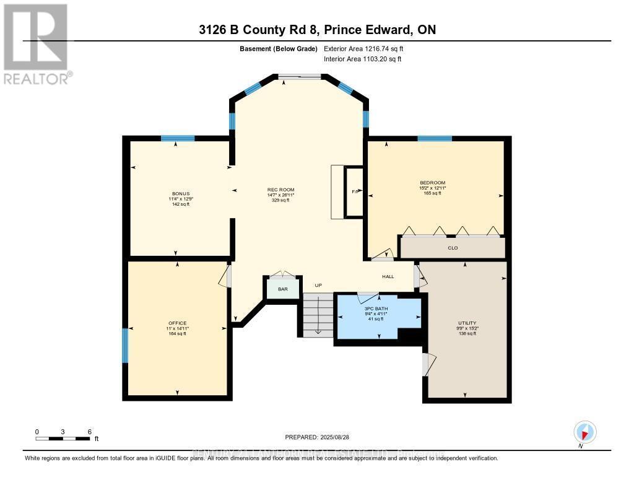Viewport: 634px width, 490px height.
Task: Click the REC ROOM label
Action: tap(280, 190)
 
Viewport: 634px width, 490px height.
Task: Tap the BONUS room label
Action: tap(180, 193)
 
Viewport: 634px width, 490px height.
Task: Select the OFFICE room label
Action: tap(177, 323)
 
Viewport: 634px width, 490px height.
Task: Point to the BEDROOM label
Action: tap(432, 183)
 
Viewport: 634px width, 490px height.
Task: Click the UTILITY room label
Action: tap(467, 323)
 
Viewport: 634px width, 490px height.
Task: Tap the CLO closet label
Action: tap(452, 248)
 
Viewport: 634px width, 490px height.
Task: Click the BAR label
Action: tap(283, 289)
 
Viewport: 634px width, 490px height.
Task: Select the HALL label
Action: tap(388, 277)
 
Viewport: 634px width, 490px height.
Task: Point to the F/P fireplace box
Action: tap(355, 191)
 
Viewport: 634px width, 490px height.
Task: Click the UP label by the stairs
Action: tap(319, 286)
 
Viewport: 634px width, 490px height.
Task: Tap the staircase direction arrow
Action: tap(318, 316)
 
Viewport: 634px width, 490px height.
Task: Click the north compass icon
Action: tap(584, 431)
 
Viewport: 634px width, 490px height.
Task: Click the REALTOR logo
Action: tap(36, 43)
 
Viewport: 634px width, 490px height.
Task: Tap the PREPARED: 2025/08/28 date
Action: tap(316, 437)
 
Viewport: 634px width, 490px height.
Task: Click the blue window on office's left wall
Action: tap(125, 346)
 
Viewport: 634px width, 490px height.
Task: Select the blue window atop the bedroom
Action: tap(434, 138)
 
